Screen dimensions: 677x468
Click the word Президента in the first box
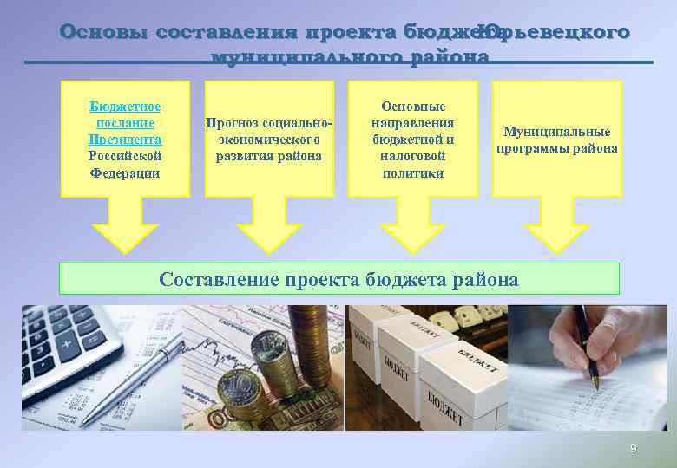(x=125, y=140)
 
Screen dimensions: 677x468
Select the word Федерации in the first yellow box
(x=125, y=172)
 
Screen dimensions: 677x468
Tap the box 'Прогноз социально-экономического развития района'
(x=269, y=139)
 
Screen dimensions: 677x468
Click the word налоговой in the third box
(x=412, y=156)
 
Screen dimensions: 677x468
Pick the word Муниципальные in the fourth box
(x=556, y=132)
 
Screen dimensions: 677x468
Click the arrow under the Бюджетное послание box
(x=125, y=224)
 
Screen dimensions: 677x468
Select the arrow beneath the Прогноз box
(x=269, y=224)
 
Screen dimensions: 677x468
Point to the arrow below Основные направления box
(x=412, y=224)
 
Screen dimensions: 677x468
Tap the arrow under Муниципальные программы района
(x=556, y=224)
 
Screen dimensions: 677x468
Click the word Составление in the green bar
(x=216, y=279)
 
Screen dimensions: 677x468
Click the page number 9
(x=633, y=448)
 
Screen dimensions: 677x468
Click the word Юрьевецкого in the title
(x=555, y=32)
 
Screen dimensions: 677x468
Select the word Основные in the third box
(x=412, y=106)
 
